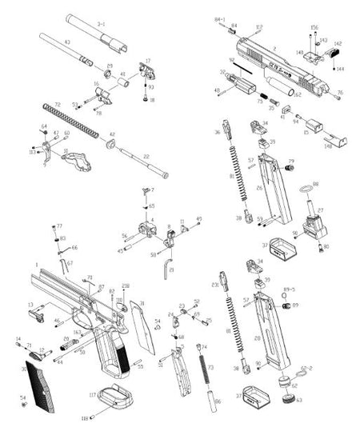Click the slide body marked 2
tap(272, 64)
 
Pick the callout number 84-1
tap(220, 18)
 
